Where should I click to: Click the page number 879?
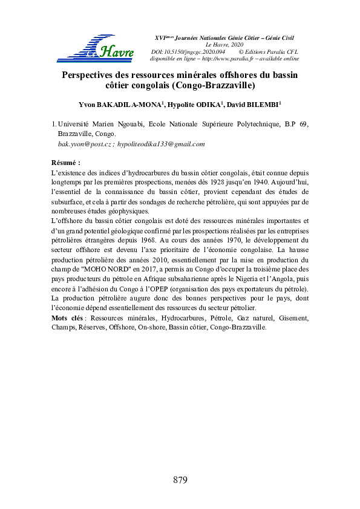coord(180,481)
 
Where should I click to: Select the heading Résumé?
coord(66,163)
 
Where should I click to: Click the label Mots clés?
coord(68,317)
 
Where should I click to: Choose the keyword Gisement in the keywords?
coord(293,317)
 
